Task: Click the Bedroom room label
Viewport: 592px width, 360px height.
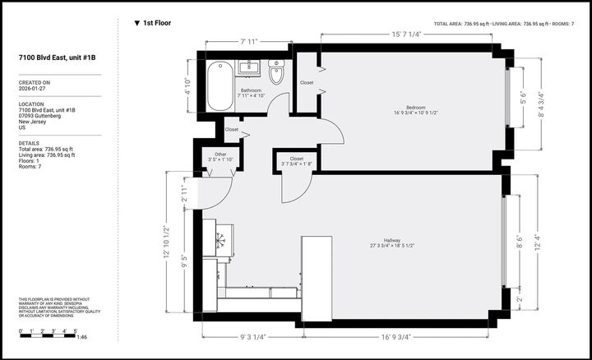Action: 409,108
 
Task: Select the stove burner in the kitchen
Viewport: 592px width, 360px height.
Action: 220,240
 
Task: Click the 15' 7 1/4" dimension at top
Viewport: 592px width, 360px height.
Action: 406,35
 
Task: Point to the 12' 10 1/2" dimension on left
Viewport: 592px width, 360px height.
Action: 167,242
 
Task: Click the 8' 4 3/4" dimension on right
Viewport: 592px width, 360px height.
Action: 539,104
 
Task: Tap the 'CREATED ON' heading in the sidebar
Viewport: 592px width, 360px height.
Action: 35,82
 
